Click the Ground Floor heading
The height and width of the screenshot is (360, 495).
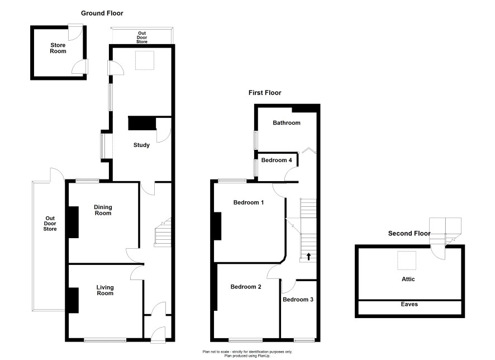coord(102,13)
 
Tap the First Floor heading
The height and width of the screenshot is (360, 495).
coord(265,93)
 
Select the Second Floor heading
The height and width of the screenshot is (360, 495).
coord(409,233)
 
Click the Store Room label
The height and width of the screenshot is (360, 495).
coord(58,48)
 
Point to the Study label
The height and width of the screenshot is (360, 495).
coord(141,145)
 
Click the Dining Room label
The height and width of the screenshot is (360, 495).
coord(103,210)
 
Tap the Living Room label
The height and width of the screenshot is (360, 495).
coord(105,290)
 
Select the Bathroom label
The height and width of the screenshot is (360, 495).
coord(287,123)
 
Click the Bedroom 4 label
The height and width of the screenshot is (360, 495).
coord(277,160)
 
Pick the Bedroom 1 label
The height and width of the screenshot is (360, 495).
coord(249,202)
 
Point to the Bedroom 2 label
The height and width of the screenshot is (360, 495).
coord(246,287)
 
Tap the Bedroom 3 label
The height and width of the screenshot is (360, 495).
coord(298,300)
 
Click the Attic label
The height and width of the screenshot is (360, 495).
coord(408,279)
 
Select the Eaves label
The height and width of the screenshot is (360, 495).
coord(409,305)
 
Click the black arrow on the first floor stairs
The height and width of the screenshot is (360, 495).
coord(308,256)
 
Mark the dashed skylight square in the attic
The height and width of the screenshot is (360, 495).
coord(407,260)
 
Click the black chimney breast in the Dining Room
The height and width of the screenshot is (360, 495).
coord(74,222)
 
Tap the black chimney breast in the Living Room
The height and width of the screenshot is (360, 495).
coord(74,300)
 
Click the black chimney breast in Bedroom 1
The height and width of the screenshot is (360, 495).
coord(217,226)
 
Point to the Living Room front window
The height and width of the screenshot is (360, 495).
coord(105,340)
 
